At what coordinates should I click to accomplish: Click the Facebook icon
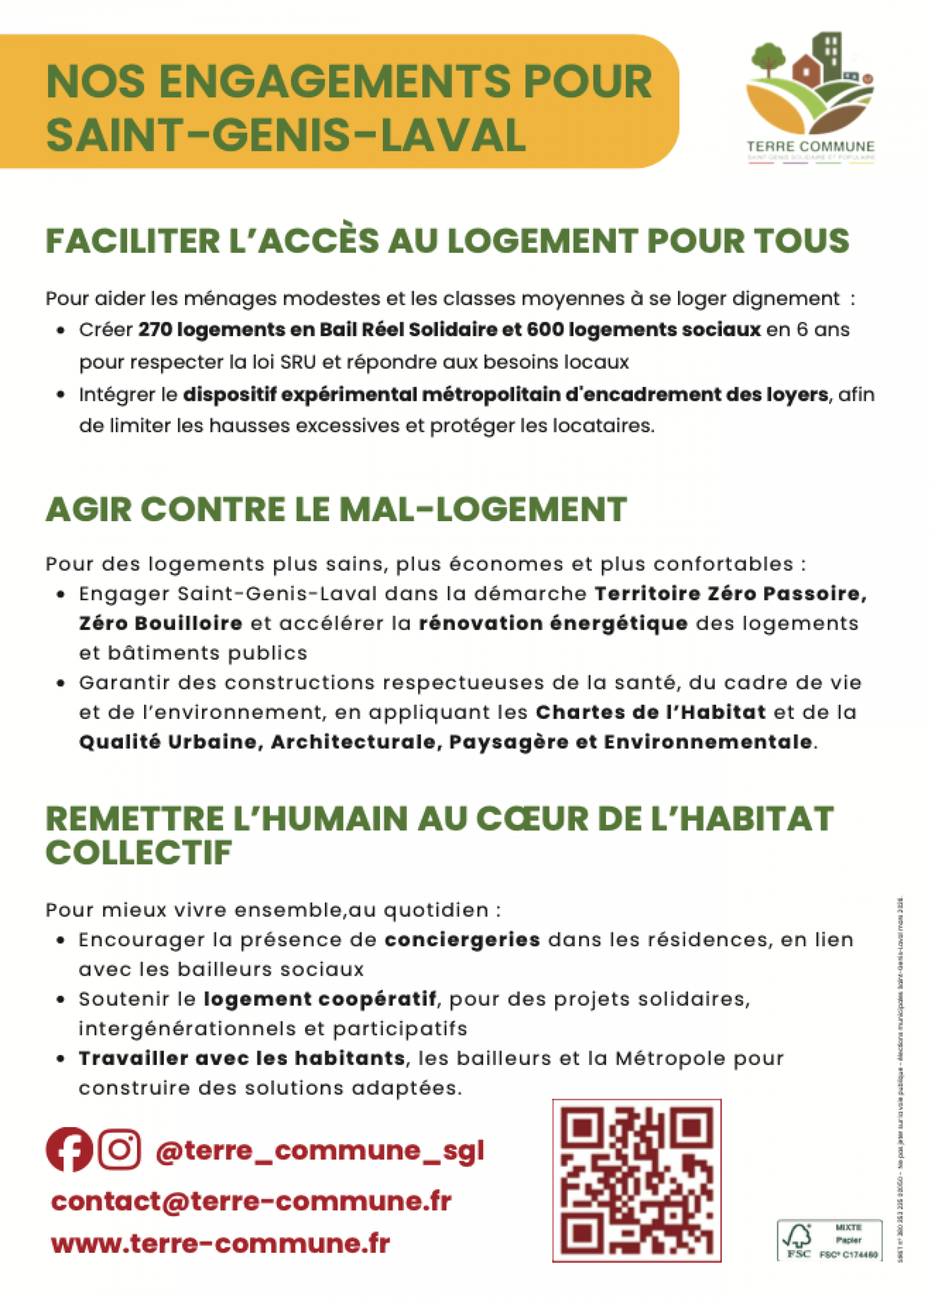click(x=69, y=1149)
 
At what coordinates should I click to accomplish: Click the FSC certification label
click(x=829, y=1240)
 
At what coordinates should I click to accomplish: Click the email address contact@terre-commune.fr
click(x=251, y=1201)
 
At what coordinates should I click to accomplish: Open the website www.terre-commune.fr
click(x=220, y=1243)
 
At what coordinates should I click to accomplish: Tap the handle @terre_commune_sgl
click(x=319, y=1150)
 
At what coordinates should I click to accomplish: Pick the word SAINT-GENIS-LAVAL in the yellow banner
click(x=286, y=135)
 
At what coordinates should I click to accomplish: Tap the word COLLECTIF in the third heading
click(x=139, y=853)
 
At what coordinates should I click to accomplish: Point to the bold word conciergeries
click(x=462, y=940)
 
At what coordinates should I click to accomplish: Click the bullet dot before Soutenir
click(x=60, y=999)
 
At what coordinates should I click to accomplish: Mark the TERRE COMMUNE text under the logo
click(x=810, y=147)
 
